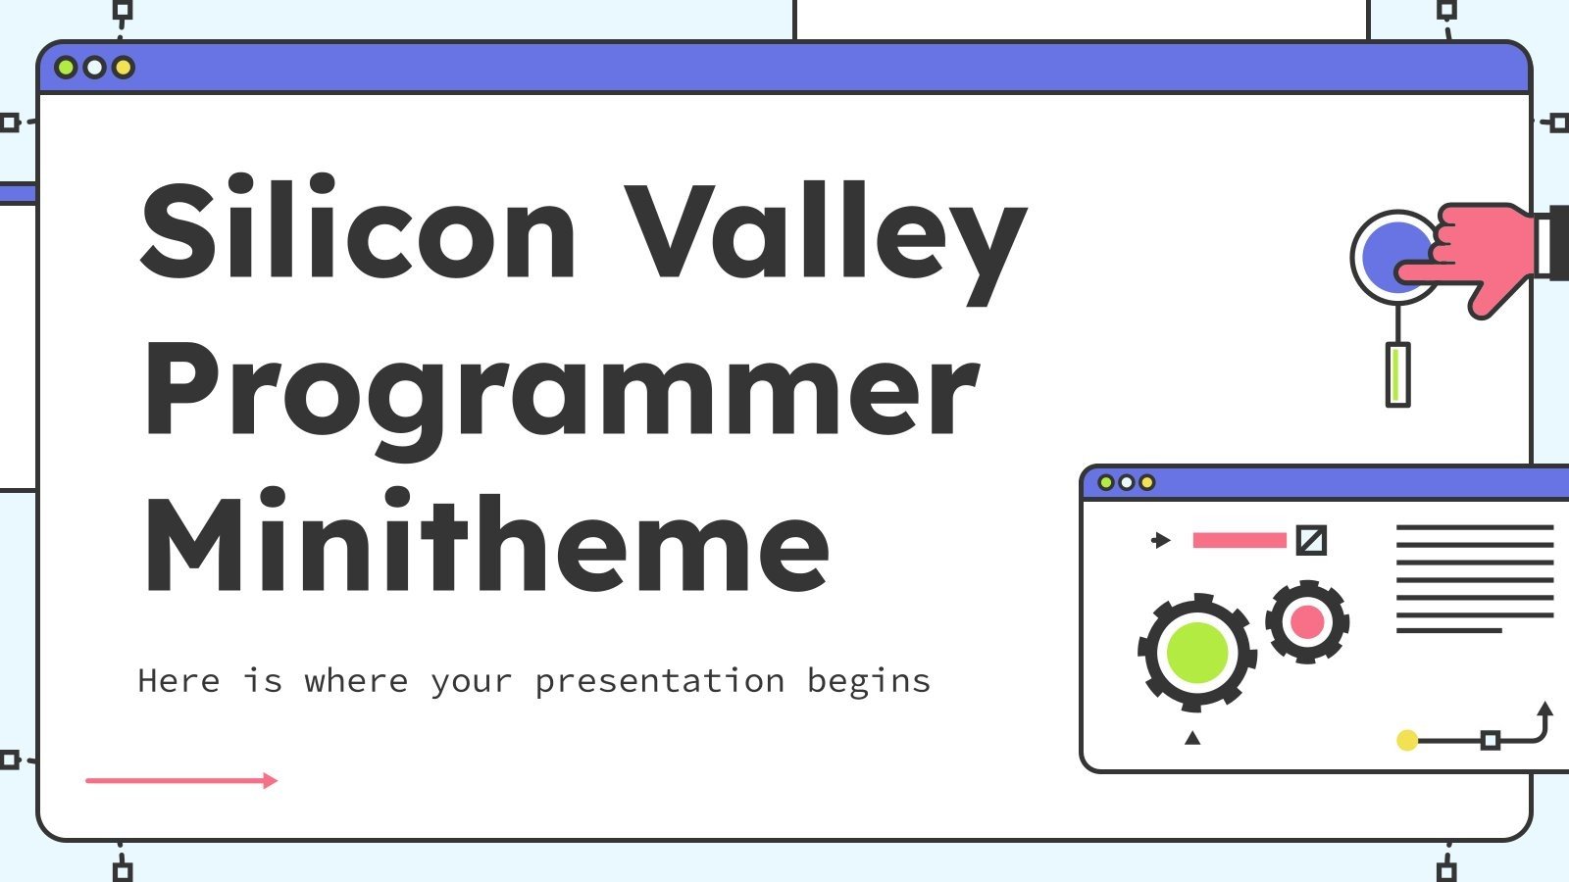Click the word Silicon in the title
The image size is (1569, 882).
(359, 231)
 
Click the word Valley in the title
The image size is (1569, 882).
(826, 235)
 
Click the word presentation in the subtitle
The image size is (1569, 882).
(659, 681)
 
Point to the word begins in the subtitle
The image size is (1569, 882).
(868, 681)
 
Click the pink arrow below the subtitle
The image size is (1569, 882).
(181, 780)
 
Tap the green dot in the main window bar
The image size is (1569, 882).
(66, 68)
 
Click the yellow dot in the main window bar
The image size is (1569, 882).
(124, 68)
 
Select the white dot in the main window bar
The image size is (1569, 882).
(94, 68)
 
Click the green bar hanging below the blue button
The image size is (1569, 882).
(1397, 374)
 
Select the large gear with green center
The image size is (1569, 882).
(1195, 652)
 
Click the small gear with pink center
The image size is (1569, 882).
(1307, 621)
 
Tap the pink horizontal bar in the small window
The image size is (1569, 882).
(1239, 540)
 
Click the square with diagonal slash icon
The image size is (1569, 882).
(1311, 540)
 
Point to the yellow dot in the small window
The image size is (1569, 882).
(1407, 740)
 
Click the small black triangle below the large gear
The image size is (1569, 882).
(1192, 738)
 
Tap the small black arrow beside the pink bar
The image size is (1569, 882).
(1161, 540)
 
